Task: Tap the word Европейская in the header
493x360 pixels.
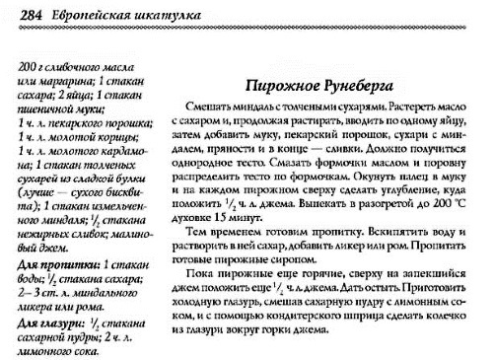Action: tap(83, 14)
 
